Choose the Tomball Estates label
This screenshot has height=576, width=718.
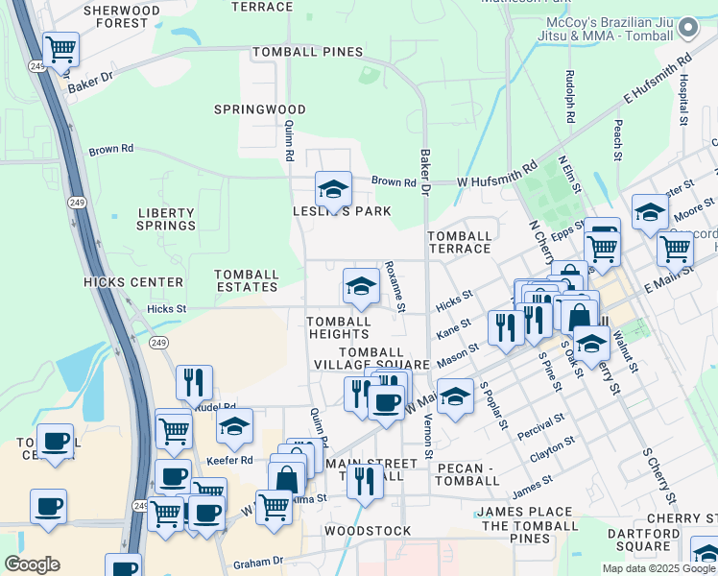[x=247, y=280]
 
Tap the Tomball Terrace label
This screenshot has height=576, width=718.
[x=459, y=242]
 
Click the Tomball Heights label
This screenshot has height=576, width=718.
[x=339, y=327]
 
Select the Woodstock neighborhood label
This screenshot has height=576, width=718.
[x=368, y=531]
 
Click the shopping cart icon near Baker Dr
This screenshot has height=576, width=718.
[x=60, y=49]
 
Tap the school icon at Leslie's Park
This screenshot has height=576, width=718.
[x=333, y=188]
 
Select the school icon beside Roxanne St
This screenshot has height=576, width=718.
[x=361, y=285]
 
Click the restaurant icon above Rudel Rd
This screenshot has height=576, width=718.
[x=194, y=382]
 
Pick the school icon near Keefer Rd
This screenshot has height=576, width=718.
[x=234, y=426]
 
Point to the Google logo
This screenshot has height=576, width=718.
[x=32, y=564]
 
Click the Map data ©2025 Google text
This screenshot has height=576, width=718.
[x=658, y=568]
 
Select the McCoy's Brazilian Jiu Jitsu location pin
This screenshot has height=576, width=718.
[x=687, y=29]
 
